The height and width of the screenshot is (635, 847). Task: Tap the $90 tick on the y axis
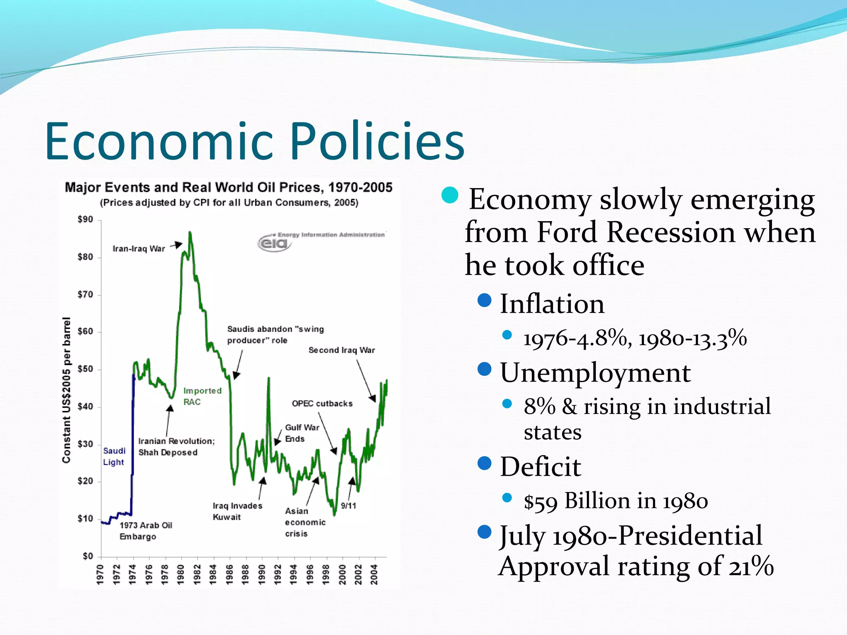tap(86, 219)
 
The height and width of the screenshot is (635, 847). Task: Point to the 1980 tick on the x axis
tap(181, 575)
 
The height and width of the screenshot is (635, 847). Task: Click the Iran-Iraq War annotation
tap(139, 248)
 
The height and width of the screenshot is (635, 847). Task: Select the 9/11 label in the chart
tap(348, 506)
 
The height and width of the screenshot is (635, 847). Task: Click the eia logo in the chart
tap(274, 243)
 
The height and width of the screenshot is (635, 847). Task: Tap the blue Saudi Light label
tap(114, 456)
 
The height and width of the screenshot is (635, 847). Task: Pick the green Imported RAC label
tap(202, 396)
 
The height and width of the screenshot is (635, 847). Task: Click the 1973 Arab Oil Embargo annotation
tap(146, 531)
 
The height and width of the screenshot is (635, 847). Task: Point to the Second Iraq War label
tap(342, 350)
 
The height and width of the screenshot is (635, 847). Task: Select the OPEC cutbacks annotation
tap(322, 403)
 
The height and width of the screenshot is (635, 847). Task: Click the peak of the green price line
tap(190, 233)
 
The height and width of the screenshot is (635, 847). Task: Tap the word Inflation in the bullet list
tap(552, 304)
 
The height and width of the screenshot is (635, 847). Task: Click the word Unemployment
tap(595, 372)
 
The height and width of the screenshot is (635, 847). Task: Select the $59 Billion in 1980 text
tap(615, 501)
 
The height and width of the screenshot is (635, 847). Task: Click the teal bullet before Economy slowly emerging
tap(450, 195)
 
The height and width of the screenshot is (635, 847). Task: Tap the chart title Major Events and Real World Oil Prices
tap(228, 188)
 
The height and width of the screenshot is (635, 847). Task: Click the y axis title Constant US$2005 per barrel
tap(66, 390)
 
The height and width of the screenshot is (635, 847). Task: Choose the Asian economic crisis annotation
tap(305, 522)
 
